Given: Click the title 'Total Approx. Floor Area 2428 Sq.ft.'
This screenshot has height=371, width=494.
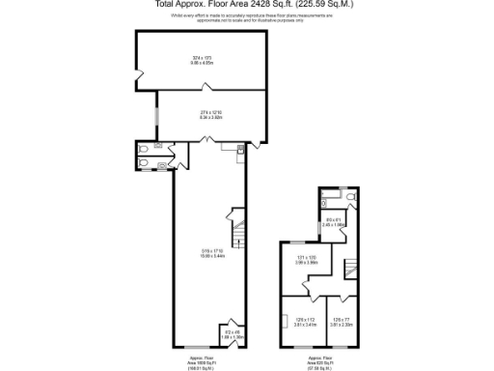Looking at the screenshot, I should (246, 4).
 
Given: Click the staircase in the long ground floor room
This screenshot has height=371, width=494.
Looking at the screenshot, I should (235, 232).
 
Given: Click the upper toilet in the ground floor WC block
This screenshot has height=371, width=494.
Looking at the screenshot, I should (144, 149).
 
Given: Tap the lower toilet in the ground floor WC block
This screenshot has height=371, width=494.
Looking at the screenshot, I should (144, 163).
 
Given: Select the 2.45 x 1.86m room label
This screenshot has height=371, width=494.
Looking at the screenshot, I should (334, 223).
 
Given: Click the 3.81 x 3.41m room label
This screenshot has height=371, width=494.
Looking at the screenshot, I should (306, 323).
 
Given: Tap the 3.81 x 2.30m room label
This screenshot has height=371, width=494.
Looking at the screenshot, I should (342, 323).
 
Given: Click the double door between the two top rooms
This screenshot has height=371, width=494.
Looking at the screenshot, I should (205, 140).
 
